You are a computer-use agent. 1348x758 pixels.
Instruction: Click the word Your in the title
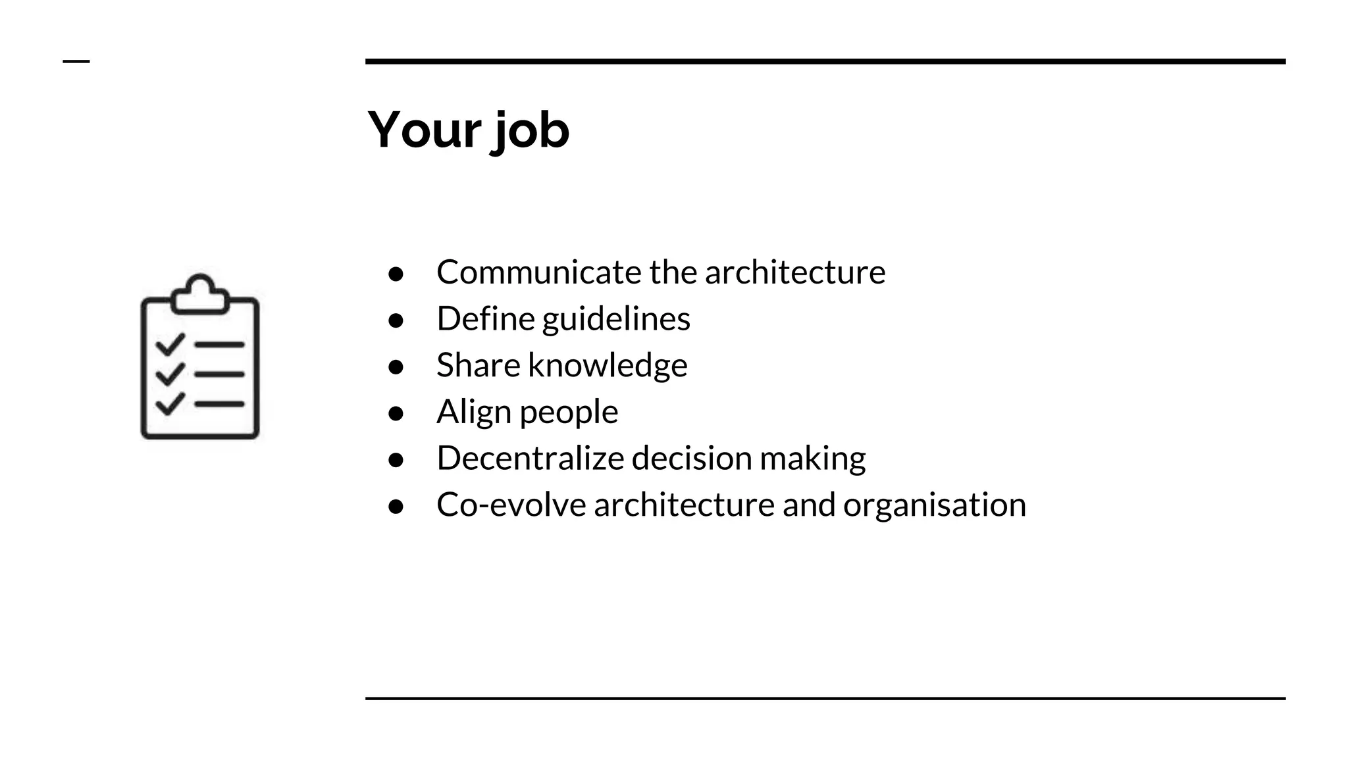pyautogui.click(x=425, y=130)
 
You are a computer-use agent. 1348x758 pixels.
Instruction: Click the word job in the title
pyautogui.click(x=531, y=131)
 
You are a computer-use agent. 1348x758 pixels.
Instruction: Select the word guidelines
pyautogui.click(x=616, y=320)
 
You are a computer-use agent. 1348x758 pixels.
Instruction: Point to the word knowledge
pyautogui.click(x=608, y=365)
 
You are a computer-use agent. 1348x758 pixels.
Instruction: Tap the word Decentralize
pyautogui.click(x=530, y=458)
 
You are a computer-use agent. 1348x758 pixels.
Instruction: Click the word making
pyautogui.click(x=813, y=459)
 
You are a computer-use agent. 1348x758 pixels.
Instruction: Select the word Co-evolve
pyautogui.click(x=511, y=505)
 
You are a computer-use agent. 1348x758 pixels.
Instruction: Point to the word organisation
pyautogui.click(x=935, y=505)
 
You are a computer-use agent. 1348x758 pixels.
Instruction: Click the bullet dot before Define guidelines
pyautogui.click(x=396, y=320)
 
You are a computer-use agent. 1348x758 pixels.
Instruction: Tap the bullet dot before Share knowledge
pyautogui.click(x=396, y=366)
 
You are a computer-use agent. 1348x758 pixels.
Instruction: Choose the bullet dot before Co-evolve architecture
pyautogui.click(x=396, y=506)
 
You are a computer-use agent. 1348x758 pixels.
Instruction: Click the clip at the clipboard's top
pyautogui.click(x=200, y=295)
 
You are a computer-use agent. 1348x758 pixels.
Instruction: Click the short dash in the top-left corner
pyautogui.click(x=76, y=62)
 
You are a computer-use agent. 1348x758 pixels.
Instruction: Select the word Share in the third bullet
pyautogui.click(x=478, y=365)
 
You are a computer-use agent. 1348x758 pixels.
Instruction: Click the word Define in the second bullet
pyautogui.click(x=485, y=319)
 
